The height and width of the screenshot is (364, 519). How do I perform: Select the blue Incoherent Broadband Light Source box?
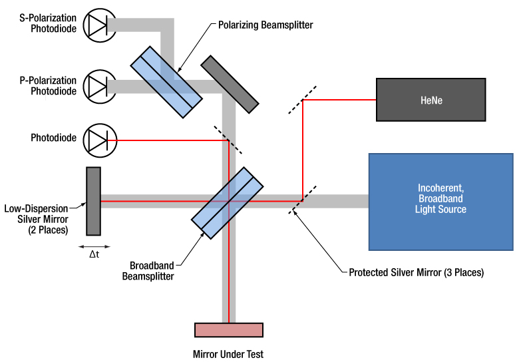[442, 202]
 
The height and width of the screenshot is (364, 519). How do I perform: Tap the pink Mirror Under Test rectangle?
[228, 330]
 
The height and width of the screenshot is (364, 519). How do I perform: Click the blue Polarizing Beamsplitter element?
[166, 81]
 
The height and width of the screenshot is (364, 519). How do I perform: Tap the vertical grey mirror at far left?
[93, 201]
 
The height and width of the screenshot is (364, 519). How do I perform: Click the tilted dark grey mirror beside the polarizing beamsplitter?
[229, 83]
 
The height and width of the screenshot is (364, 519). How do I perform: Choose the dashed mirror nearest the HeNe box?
[302, 100]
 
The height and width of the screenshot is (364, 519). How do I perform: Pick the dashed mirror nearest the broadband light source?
[303, 199]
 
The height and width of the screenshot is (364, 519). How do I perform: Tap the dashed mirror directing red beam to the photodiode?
[228, 140]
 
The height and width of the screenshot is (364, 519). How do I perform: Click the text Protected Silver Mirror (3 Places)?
[416, 272]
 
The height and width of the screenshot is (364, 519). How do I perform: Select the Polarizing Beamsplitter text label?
[265, 25]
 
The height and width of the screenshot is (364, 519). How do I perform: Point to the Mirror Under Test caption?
[228, 354]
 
